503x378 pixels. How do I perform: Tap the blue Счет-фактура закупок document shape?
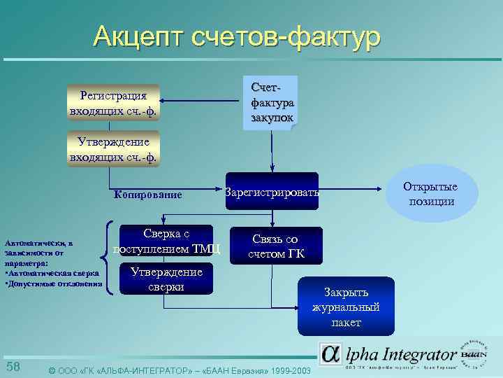click(269, 101)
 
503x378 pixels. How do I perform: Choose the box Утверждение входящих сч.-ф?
click(113, 148)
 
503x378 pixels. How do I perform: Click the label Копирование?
click(147, 195)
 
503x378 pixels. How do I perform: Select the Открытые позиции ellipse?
click(431, 194)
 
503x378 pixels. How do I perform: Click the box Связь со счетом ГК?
click(276, 246)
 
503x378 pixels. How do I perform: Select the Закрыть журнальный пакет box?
click(347, 307)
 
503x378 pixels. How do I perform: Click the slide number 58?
click(13, 367)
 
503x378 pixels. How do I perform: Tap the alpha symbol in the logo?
click(332, 353)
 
